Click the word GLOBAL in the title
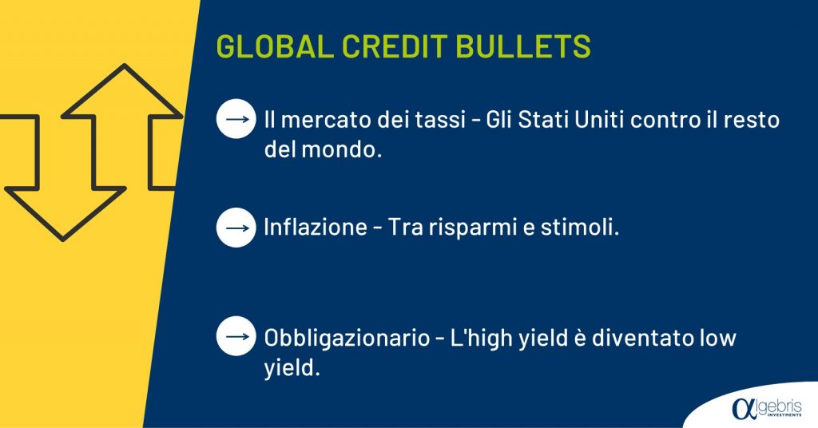[275, 46]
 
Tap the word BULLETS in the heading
[523, 46]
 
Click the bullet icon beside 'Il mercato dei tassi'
[236, 119]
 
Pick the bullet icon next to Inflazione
[236, 228]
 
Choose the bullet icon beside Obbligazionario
[236, 336]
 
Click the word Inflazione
[316, 228]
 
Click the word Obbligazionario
[347, 338]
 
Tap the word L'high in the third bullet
[482, 338]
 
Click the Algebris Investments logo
[766, 407]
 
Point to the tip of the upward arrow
[125, 65]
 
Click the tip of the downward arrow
[63, 240]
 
